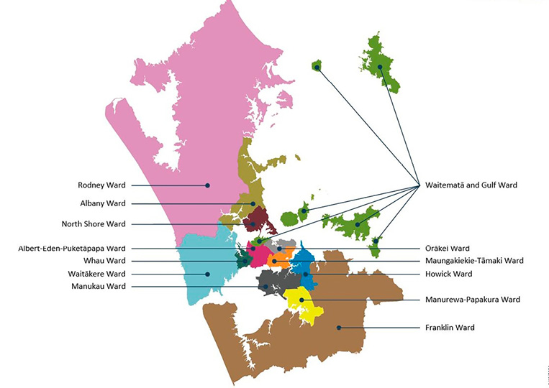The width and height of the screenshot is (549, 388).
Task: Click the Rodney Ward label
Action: click(101, 185)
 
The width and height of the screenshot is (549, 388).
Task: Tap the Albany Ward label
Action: click(103, 203)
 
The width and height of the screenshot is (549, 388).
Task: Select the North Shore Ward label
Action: click(94, 223)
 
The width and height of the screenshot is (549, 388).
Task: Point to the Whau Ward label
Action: click(104, 261)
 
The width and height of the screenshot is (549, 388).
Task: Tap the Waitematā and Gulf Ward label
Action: click(471, 185)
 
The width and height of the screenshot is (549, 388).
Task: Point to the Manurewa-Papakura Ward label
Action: click(472, 300)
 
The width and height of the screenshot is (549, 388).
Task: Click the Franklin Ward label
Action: click(450, 328)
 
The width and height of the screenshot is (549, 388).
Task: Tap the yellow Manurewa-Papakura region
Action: click(305, 305)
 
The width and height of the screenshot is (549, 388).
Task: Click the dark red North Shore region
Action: click(255, 220)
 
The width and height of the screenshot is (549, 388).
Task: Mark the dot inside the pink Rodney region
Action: click(207, 185)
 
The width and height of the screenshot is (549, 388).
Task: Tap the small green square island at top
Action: click(317, 66)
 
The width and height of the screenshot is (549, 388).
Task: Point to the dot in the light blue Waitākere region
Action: click(207, 274)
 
